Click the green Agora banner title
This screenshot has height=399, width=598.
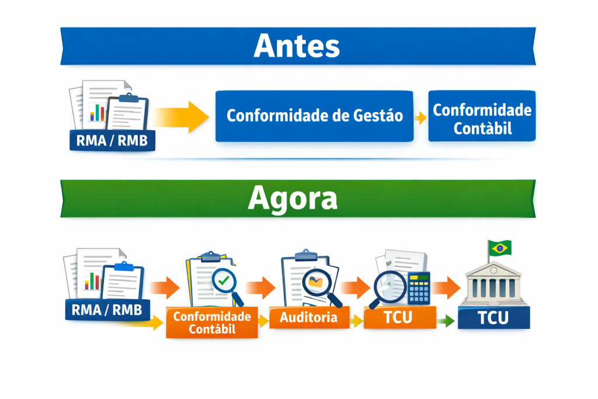tap(293, 199)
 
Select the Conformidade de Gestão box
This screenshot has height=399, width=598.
tap(314, 116)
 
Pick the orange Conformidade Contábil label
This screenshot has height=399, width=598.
tap(212, 322)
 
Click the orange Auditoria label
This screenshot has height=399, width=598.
tap(308, 318)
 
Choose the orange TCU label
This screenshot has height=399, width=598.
tap(399, 318)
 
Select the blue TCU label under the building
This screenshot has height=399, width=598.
tap(493, 318)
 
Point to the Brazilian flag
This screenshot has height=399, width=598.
tap(500, 248)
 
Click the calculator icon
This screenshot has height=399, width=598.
tap(419, 287)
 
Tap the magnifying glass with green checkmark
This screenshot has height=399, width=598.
tap(224, 283)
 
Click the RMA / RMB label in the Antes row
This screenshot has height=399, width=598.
tap(112, 140)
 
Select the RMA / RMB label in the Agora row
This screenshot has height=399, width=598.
tap(107, 310)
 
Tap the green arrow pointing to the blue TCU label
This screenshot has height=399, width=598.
tap(446, 320)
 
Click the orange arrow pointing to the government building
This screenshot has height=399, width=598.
tap(447, 287)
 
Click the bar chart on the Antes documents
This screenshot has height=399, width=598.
tap(97, 112)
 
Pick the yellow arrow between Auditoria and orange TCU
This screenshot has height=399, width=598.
tap(356, 320)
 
